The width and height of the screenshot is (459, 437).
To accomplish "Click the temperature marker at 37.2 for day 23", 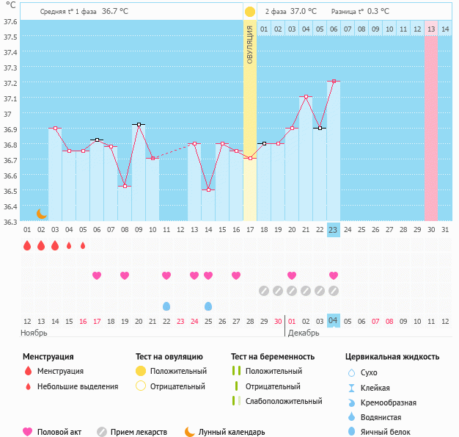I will [x=334, y=81].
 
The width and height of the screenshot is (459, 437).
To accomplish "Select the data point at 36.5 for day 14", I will [x=208, y=189].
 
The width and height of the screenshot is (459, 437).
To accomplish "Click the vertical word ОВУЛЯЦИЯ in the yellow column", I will [x=249, y=45].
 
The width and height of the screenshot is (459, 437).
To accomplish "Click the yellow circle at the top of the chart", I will [x=250, y=12].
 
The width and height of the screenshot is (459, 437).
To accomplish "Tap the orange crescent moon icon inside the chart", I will [x=42, y=214].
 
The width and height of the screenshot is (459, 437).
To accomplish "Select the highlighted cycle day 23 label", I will [x=333, y=230].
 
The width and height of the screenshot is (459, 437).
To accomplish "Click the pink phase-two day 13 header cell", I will [x=431, y=29].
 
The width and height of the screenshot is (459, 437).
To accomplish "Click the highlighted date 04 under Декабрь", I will [x=333, y=321].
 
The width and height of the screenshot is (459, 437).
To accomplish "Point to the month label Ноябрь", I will [x=34, y=333].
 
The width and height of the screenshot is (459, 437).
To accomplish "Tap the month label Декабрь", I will [x=303, y=333].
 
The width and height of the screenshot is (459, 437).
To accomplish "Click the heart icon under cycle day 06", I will [x=97, y=275].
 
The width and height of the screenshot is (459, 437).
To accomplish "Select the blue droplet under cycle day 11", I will [x=166, y=306].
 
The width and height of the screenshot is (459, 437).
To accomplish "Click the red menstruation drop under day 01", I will [x=27, y=245].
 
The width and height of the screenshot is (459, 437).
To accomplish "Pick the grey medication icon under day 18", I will [x=264, y=291].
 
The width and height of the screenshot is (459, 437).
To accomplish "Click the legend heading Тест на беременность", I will [x=272, y=357].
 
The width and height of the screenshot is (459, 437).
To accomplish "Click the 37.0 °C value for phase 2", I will [x=304, y=12].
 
